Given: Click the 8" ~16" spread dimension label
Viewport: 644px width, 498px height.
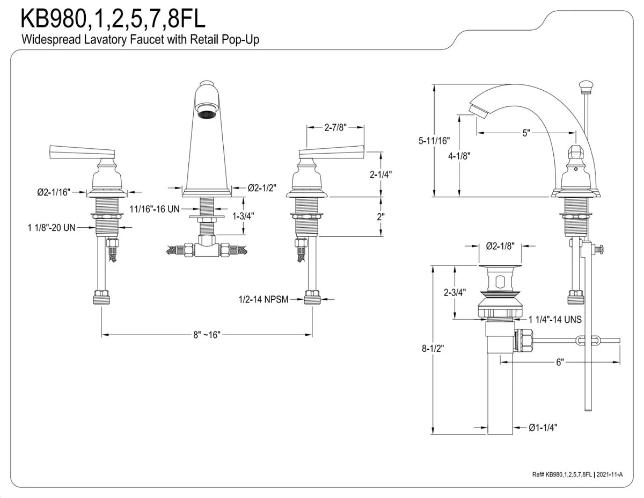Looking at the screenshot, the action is point(207,335).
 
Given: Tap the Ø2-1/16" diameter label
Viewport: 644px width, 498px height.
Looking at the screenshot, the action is point(54,192).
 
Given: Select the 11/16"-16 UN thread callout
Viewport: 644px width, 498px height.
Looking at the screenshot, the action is point(155,209).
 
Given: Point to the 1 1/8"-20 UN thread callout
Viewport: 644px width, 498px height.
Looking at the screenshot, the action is point(52,228).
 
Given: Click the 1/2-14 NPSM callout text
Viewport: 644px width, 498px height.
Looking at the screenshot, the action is point(264,300).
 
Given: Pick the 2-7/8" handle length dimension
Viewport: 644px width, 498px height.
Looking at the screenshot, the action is point(335,127).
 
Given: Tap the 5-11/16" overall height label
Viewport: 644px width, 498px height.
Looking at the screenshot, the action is point(434,141).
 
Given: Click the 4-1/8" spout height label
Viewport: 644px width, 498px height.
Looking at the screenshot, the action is point(459,156).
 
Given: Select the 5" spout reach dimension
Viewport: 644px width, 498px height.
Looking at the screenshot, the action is point(526,133).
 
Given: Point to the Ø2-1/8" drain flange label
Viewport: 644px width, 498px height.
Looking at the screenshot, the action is point(500,246).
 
